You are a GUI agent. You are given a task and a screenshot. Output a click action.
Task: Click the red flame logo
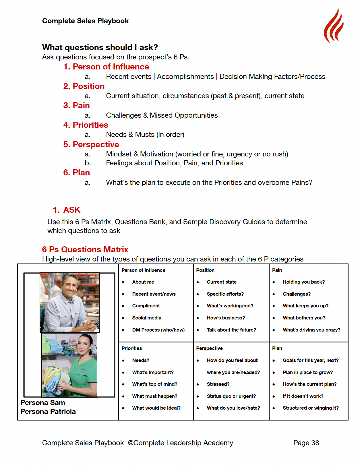click(x=334, y=26)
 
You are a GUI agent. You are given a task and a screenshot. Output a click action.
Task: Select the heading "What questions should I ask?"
click(x=100, y=47)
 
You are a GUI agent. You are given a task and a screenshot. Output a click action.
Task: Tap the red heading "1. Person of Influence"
click(x=106, y=67)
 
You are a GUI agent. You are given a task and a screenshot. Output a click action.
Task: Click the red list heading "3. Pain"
click(x=76, y=106)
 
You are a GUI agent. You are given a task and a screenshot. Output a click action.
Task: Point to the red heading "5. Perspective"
click(x=91, y=144)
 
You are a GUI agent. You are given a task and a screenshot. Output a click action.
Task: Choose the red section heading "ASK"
click(x=72, y=210)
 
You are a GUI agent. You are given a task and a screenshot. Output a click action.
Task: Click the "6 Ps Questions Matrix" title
click(x=85, y=249)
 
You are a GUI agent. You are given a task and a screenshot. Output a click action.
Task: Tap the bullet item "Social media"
click(x=146, y=318)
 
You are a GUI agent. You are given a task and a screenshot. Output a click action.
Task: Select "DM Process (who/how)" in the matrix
click(x=158, y=330)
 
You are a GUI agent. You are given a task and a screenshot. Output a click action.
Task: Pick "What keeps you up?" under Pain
click(x=305, y=306)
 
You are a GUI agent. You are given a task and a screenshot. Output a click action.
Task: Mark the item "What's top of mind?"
click(x=154, y=384)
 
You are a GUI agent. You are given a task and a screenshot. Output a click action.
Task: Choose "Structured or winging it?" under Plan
click(x=310, y=408)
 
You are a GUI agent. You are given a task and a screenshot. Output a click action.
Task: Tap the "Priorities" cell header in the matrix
click(x=131, y=348)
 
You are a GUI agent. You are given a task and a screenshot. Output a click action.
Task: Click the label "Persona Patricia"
click(x=48, y=412)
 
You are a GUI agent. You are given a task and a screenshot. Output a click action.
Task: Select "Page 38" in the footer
click(x=306, y=443)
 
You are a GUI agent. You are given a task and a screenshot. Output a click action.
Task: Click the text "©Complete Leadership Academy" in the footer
click(x=180, y=443)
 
